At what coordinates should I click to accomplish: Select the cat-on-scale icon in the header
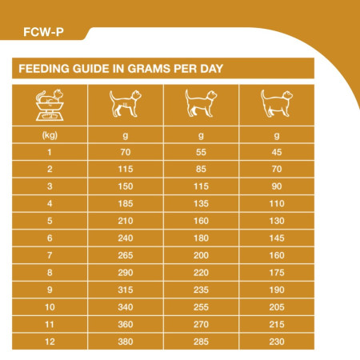click(50, 104)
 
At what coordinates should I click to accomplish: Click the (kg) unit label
click(50, 136)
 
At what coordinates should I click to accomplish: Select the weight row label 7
click(50, 255)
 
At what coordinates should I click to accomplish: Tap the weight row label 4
click(50, 204)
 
